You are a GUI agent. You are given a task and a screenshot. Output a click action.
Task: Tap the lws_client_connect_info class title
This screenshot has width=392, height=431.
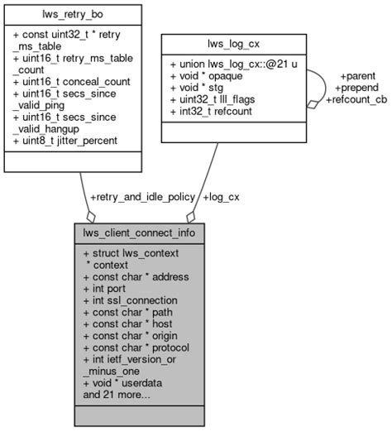(x=138, y=232)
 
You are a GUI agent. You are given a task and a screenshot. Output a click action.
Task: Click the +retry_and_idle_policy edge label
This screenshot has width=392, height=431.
(x=142, y=197)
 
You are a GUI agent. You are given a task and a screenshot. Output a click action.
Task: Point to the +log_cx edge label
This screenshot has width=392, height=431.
(x=221, y=197)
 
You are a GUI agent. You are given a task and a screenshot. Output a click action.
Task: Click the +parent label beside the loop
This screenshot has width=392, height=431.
(x=357, y=76)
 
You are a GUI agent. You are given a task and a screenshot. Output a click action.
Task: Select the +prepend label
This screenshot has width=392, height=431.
(x=357, y=88)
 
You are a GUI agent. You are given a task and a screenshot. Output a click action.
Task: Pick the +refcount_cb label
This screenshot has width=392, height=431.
(x=357, y=99)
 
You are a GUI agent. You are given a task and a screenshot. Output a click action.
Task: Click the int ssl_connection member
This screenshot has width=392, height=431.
(x=130, y=300)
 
